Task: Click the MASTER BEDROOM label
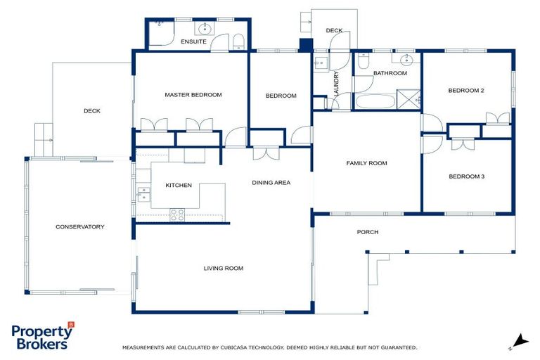pyautogui.click(x=193, y=95)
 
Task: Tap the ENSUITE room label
pyautogui.click(x=193, y=42)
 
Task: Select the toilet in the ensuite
pyautogui.click(x=238, y=41)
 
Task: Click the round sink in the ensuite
pyautogui.click(x=206, y=30)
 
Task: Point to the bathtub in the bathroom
pyautogui.click(x=374, y=101)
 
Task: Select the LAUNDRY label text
pyautogui.click(x=337, y=83)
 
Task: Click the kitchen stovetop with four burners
pyautogui.click(x=177, y=214)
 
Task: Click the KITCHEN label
pyautogui.click(x=179, y=186)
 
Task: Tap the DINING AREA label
pyautogui.click(x=271, y=183)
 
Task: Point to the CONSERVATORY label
pyautogui.click(x=79, y=226)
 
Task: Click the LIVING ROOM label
pyautogui.click(x=223, y=268)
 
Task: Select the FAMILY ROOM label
pyautogui.click(x=366, y=163)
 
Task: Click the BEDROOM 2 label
pyautogui.click(x=466, y=90)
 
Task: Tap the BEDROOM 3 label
pyautogui.click(x=466, y=176)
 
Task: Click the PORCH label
pyautogui.click(x=367, y=232)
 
